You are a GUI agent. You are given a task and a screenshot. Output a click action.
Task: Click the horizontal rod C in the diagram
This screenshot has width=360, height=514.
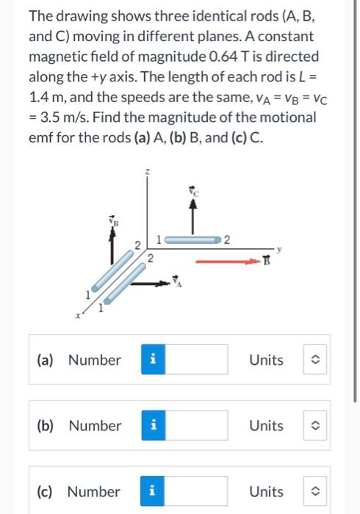pos(191,239)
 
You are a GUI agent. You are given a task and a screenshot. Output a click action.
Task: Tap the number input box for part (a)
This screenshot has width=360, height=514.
pos(200,360)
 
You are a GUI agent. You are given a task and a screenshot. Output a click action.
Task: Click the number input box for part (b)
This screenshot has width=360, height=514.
pos(200,426)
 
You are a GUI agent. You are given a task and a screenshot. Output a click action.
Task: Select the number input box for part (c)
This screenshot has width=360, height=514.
pos(200,491)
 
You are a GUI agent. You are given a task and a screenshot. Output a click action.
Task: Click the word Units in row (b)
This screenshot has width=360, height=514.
pos(266,426)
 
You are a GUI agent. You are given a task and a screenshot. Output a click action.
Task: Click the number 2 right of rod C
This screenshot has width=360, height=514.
pos(227,239)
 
